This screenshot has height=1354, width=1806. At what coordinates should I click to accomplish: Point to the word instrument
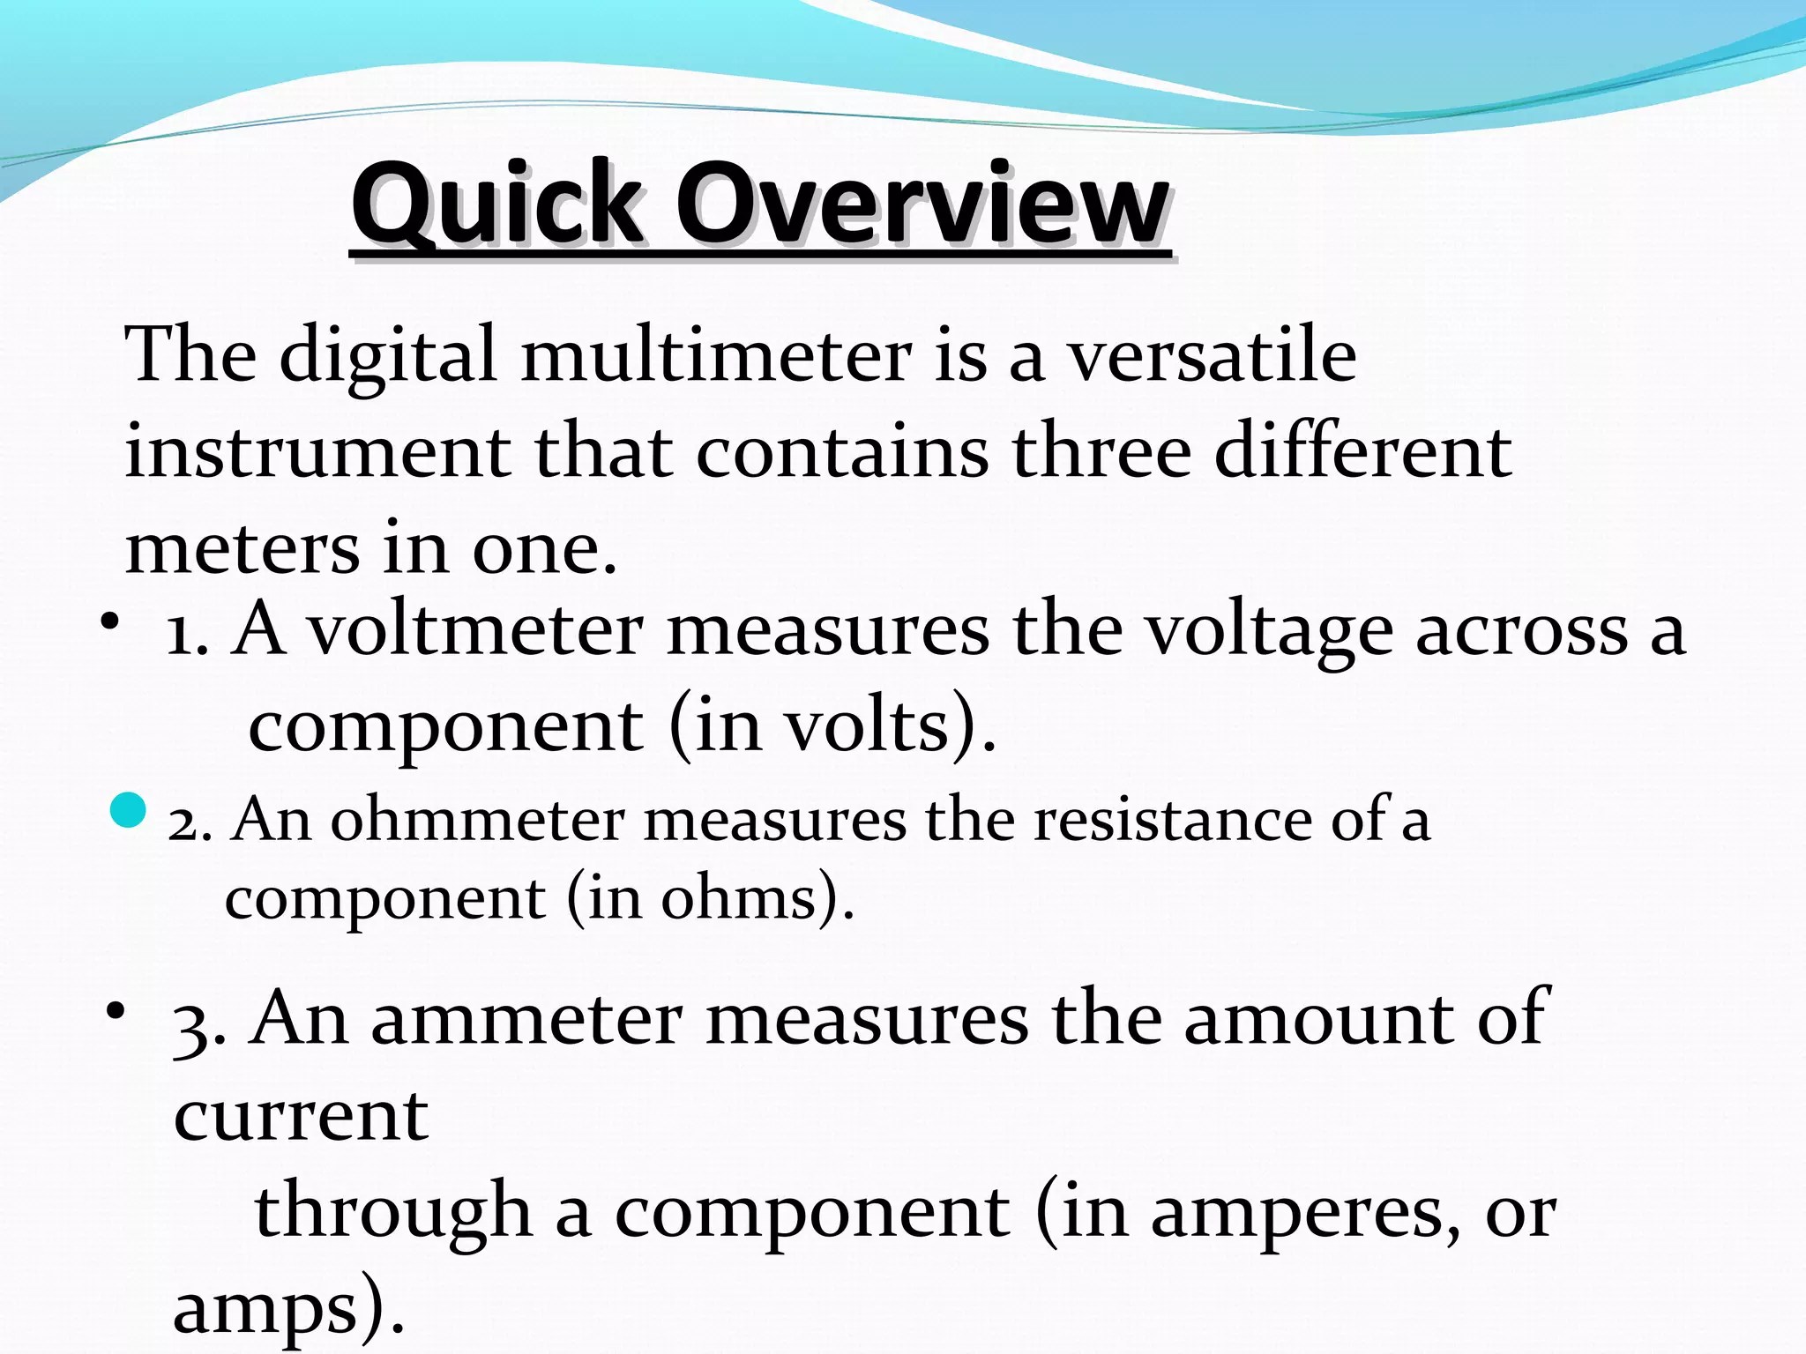[x=317, y=452]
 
